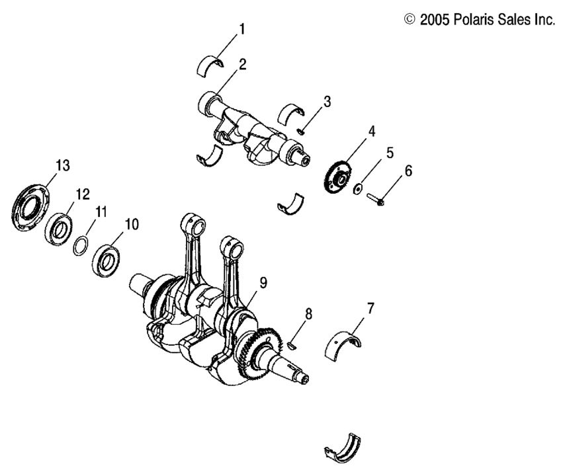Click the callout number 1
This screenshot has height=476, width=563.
tap(242, 29)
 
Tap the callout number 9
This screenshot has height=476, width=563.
tap(263, 283)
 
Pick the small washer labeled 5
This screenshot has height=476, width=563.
tap(357, 189)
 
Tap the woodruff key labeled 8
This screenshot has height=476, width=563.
tap(294, 343)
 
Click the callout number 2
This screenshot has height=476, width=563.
tap(242, 64)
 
